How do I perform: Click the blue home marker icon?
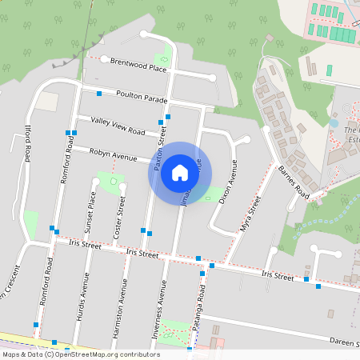click(x=180, y=172)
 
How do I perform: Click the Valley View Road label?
click(x=118, y=126)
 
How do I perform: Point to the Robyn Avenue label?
click(x=114, y=152)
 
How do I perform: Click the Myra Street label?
click(x=250, y=214)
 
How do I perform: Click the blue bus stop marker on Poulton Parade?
click(x=99, y=94)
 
